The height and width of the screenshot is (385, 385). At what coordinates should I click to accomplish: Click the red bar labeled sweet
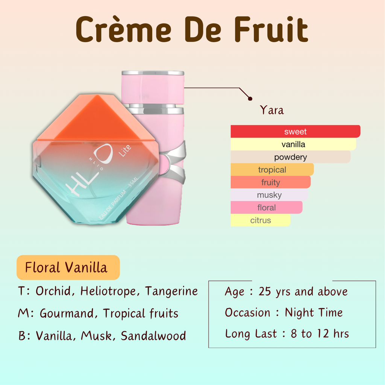click(296, 131)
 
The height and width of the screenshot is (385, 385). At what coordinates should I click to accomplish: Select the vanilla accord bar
click(293, 144)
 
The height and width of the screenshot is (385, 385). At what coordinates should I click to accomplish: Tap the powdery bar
click(291, 157)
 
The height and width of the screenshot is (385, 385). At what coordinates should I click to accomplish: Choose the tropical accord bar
click(272, 170)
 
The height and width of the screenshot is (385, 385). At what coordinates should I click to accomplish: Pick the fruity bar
click(271, 182)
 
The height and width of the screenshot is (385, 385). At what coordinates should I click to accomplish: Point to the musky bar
click(269, 195)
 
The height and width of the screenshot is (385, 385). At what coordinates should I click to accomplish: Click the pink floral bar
click(267, 208)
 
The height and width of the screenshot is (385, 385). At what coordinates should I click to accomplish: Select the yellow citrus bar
click(261, 220)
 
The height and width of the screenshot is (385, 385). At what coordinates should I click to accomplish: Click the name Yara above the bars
click(272, 110)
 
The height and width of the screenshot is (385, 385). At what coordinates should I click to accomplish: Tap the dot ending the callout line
click(250, 99)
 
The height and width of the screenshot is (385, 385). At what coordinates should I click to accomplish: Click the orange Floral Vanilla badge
click(68, 267)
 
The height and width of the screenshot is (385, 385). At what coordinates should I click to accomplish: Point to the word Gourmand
click(67, 313)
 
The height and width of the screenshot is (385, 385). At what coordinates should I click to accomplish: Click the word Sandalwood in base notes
click(153, 336)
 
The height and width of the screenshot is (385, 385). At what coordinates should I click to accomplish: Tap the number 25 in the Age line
click(265, 292)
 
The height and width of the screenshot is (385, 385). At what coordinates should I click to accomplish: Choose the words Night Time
click(314, 312)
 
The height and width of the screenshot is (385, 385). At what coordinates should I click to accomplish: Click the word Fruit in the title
click(271, 29)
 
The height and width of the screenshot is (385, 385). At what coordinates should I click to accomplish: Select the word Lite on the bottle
click(125, 151)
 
